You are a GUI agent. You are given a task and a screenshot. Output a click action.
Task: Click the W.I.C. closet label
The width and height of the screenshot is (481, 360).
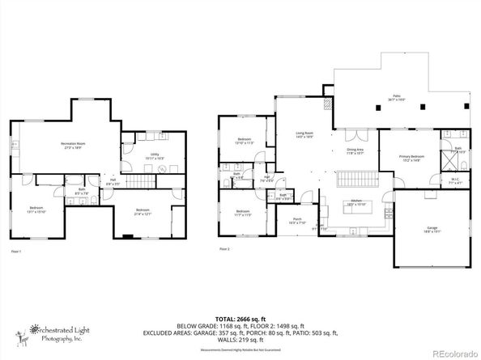(x=455, y=181)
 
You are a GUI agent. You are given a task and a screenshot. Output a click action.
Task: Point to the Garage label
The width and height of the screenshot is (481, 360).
(x=432, y=230)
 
